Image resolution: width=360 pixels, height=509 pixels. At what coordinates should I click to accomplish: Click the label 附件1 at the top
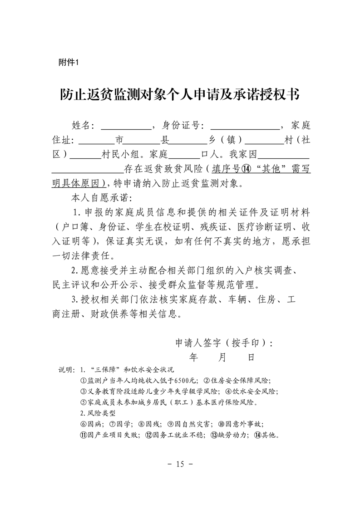pyautogui.click(x=69, y=63)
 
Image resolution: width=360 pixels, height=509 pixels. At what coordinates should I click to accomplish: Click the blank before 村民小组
pyautogui.click(x=86, y=155)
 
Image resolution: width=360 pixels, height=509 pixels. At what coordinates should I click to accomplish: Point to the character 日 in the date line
pyautogui.click(x=251, y=357)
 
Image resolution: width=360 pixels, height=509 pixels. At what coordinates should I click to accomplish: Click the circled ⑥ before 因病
pyautogui.click(x=83, y=424)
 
